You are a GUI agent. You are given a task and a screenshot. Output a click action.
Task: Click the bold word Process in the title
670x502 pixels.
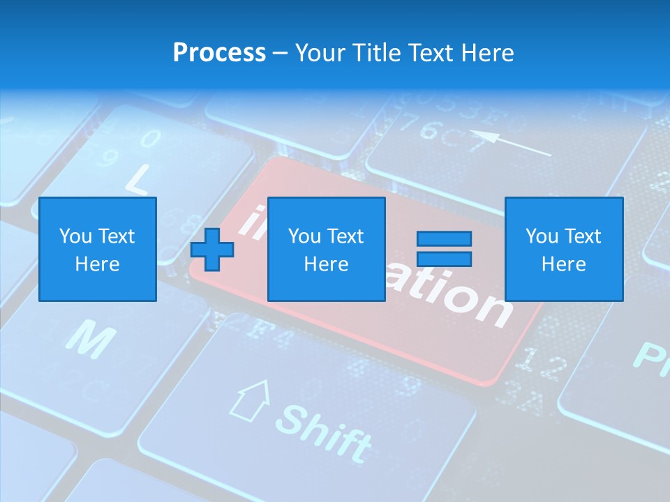[219, 52]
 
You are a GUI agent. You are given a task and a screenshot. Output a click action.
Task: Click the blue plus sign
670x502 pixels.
[212, 250]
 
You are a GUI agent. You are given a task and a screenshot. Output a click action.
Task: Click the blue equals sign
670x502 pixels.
[444, 249]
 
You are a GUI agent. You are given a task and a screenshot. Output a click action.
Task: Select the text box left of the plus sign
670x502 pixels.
[97, 250]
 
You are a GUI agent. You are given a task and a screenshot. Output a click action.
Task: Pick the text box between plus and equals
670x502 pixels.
[326, 250]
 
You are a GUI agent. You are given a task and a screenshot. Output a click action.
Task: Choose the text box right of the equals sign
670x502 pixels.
[563, 250]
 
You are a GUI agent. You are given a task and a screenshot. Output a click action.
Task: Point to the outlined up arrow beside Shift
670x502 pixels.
[251, 400]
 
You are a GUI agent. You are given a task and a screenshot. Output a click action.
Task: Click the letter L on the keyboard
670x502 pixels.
[137, 180]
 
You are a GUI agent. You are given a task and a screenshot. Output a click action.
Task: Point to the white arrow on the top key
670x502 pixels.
[509, 144]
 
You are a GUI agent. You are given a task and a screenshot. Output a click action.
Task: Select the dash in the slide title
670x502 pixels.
[281, 52]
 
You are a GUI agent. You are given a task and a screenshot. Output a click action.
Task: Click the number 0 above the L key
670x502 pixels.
[151, 138]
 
